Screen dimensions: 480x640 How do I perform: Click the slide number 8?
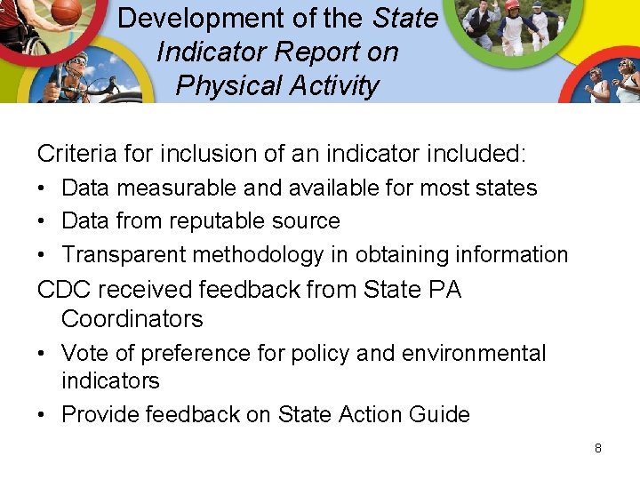(x=597, y=448)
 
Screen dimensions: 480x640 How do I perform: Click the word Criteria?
(x=76, y=154)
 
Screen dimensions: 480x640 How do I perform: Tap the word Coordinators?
(x=132, y=319)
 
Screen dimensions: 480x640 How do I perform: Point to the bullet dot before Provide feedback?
(x=43, y=415)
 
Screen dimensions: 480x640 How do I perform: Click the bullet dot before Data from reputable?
(x=43, y=221)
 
